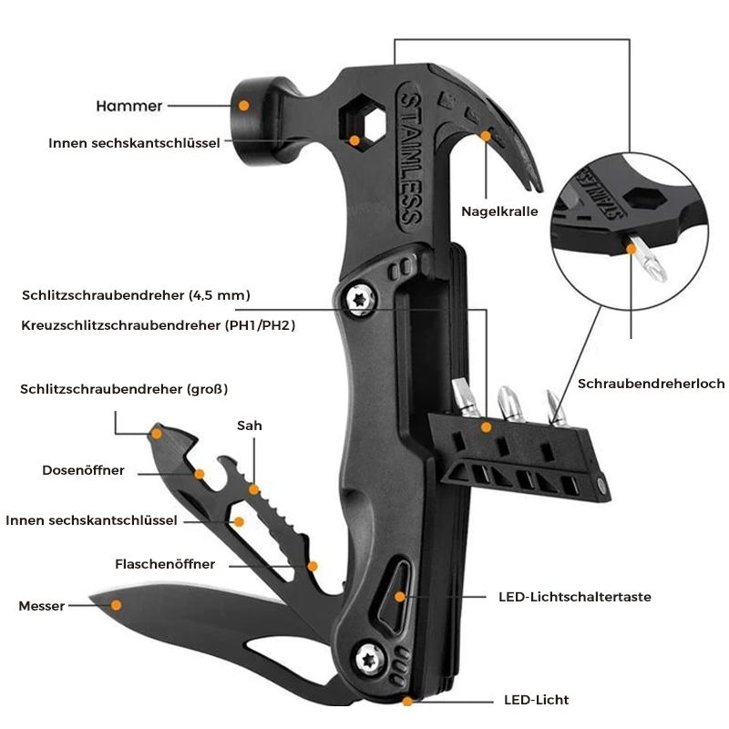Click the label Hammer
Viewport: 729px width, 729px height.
[128, 107]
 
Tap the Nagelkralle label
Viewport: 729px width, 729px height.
[499, 211]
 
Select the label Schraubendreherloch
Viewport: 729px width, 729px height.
[651, 384]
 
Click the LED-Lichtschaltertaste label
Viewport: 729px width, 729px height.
[574, 598]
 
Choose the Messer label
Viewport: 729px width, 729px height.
[41, 606]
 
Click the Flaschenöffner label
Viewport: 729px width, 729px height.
[165, 564]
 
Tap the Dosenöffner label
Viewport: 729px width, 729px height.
[83, 471]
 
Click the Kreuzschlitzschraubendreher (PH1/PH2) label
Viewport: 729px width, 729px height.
[159, 324]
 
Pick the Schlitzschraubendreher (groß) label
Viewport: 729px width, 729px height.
[124, 389]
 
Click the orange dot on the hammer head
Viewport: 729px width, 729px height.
[244, 106]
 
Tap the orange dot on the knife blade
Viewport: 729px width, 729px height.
[116, 602]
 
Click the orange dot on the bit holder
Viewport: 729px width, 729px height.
[486, 426]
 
